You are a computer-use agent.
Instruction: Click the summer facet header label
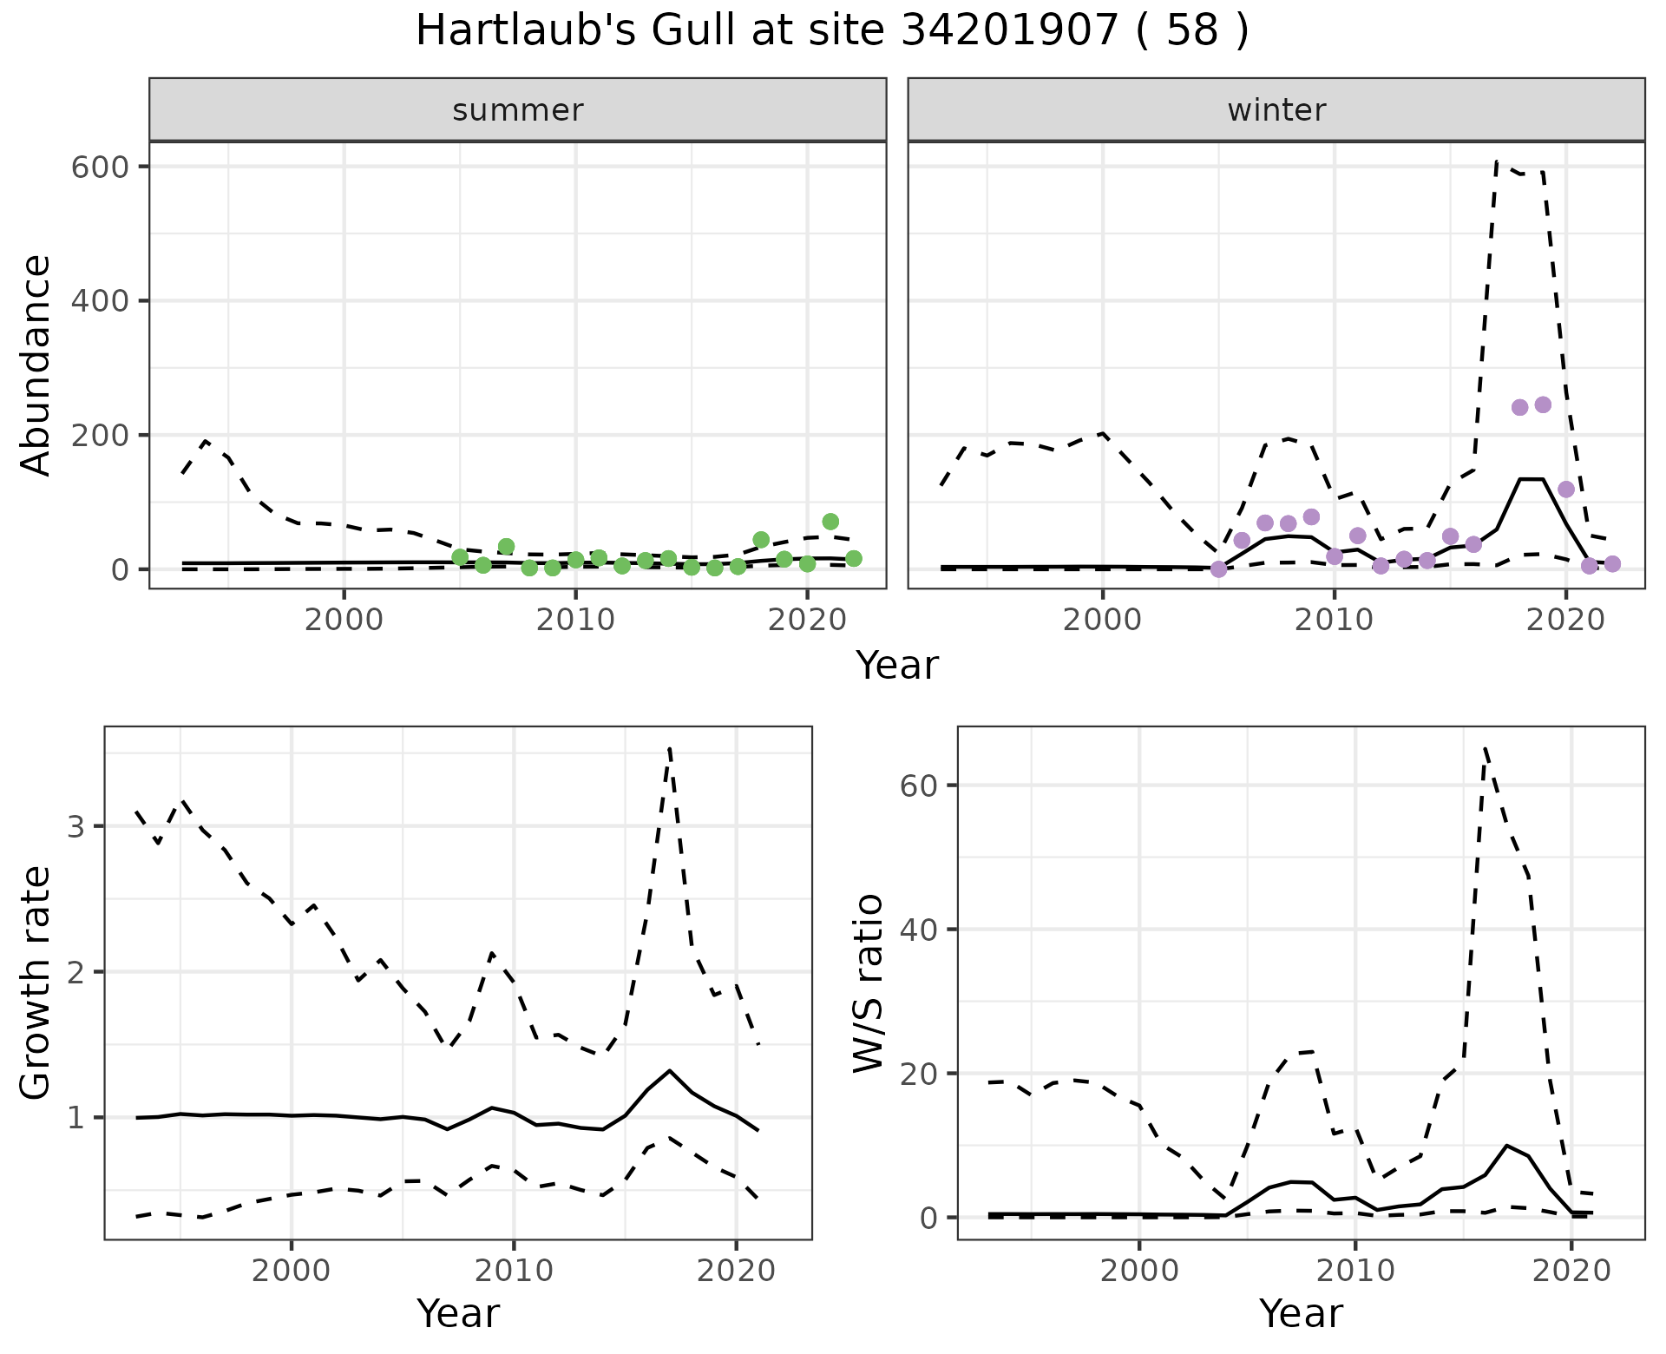[517, 110]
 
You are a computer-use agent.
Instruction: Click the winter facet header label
[1276, 110]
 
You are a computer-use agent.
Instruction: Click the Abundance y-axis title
[36, 365]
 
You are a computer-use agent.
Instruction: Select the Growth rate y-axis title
[36, 983]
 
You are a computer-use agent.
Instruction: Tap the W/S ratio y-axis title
[869, 983]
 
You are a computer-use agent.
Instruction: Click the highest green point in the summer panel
[830, 522]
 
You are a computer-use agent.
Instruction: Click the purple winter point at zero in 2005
[1218, 569]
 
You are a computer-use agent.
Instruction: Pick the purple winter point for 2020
[1566, 490]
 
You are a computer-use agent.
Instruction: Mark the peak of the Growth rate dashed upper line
[670, 748]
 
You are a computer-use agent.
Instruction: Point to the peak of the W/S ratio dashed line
[1486, 746]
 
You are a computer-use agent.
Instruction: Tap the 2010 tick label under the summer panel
[575, 621]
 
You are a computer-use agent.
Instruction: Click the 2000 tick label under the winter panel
[1103, 621]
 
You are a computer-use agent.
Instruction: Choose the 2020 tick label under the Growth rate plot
[736, 1272]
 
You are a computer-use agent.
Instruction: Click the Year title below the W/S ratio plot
[1301, 1313]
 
